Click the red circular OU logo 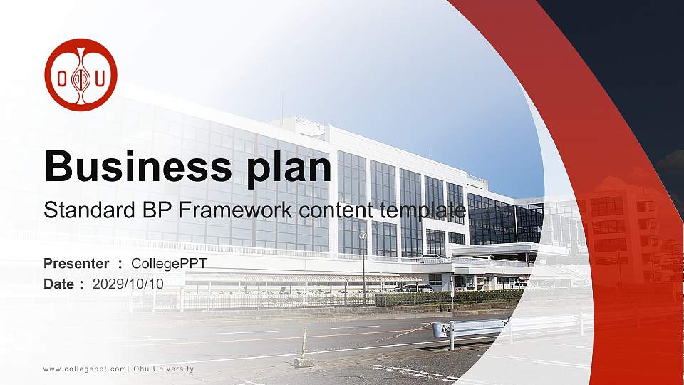[x=81, y=75]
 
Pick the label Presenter [x=76, y=264]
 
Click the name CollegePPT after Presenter [x=170, y=264]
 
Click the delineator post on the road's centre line [x=304, y=348]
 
